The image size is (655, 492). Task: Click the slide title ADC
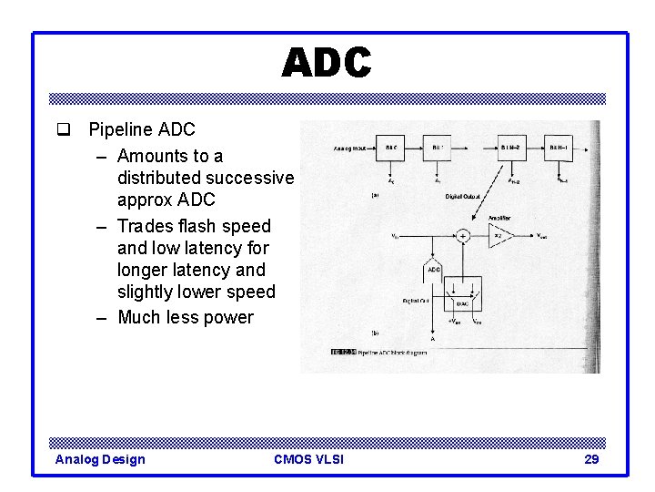(x=327, y=64)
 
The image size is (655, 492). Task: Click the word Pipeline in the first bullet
(x=117, y=130)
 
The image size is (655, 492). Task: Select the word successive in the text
(x=250, y=177)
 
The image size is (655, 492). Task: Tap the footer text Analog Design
(x=100, y=459)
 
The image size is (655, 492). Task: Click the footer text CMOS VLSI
(x=308, y=459)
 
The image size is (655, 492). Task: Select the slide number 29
(x=591, y=459)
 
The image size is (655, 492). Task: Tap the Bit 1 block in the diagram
(x=438, y=147)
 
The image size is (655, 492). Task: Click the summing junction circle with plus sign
(x=463, y=236)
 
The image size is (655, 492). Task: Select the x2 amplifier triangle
(x=500, y=236)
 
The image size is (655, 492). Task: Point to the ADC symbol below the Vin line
(x=433, y=270)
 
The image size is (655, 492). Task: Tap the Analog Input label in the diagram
(x=349, y=147)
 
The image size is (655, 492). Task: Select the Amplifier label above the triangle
(x=500, y=217)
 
